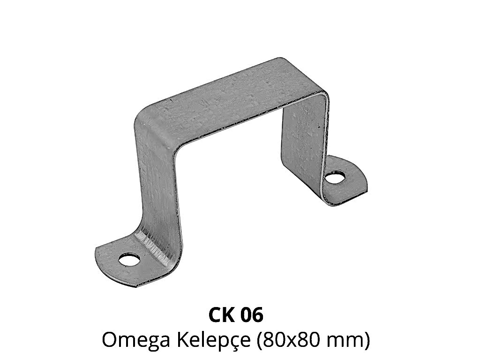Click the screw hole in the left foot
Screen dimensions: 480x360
[x=129, y=260]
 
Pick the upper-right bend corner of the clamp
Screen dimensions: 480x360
[x=322, y=95]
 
